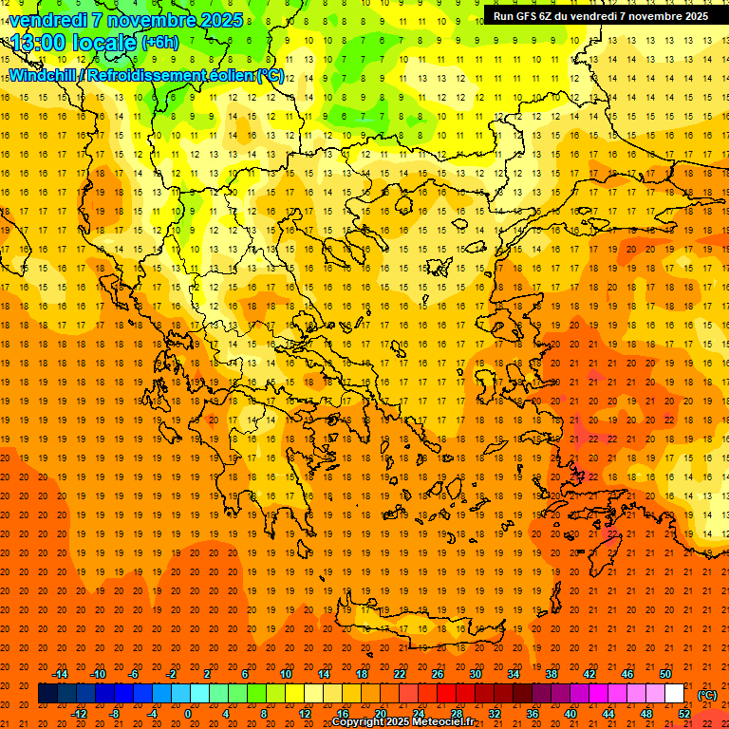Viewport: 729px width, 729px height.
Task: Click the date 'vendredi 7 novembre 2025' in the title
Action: coord(116,20)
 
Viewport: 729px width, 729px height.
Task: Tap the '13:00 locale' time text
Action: coord(73,42)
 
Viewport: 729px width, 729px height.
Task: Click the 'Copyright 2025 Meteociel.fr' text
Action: coord(402,722)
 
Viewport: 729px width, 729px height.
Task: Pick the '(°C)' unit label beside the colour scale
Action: coord(706,695)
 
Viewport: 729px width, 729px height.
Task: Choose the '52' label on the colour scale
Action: coord(684,714)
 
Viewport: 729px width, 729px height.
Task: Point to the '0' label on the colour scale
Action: coord(187,714)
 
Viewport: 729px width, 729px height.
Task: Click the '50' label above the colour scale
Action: coord(665,674)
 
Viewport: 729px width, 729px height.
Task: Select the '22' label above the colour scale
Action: coord(400,674)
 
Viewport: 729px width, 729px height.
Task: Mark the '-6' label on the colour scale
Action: coord(135,674)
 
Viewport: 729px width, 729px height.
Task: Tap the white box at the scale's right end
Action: coord(675,694)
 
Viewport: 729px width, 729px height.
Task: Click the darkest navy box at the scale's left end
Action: coord(47,694)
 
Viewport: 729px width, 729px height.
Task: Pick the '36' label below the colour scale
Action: coord(533,714)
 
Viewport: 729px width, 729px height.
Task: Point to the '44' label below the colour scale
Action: coord(608,714)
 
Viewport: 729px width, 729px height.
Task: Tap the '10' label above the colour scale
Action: coord(286,674)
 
